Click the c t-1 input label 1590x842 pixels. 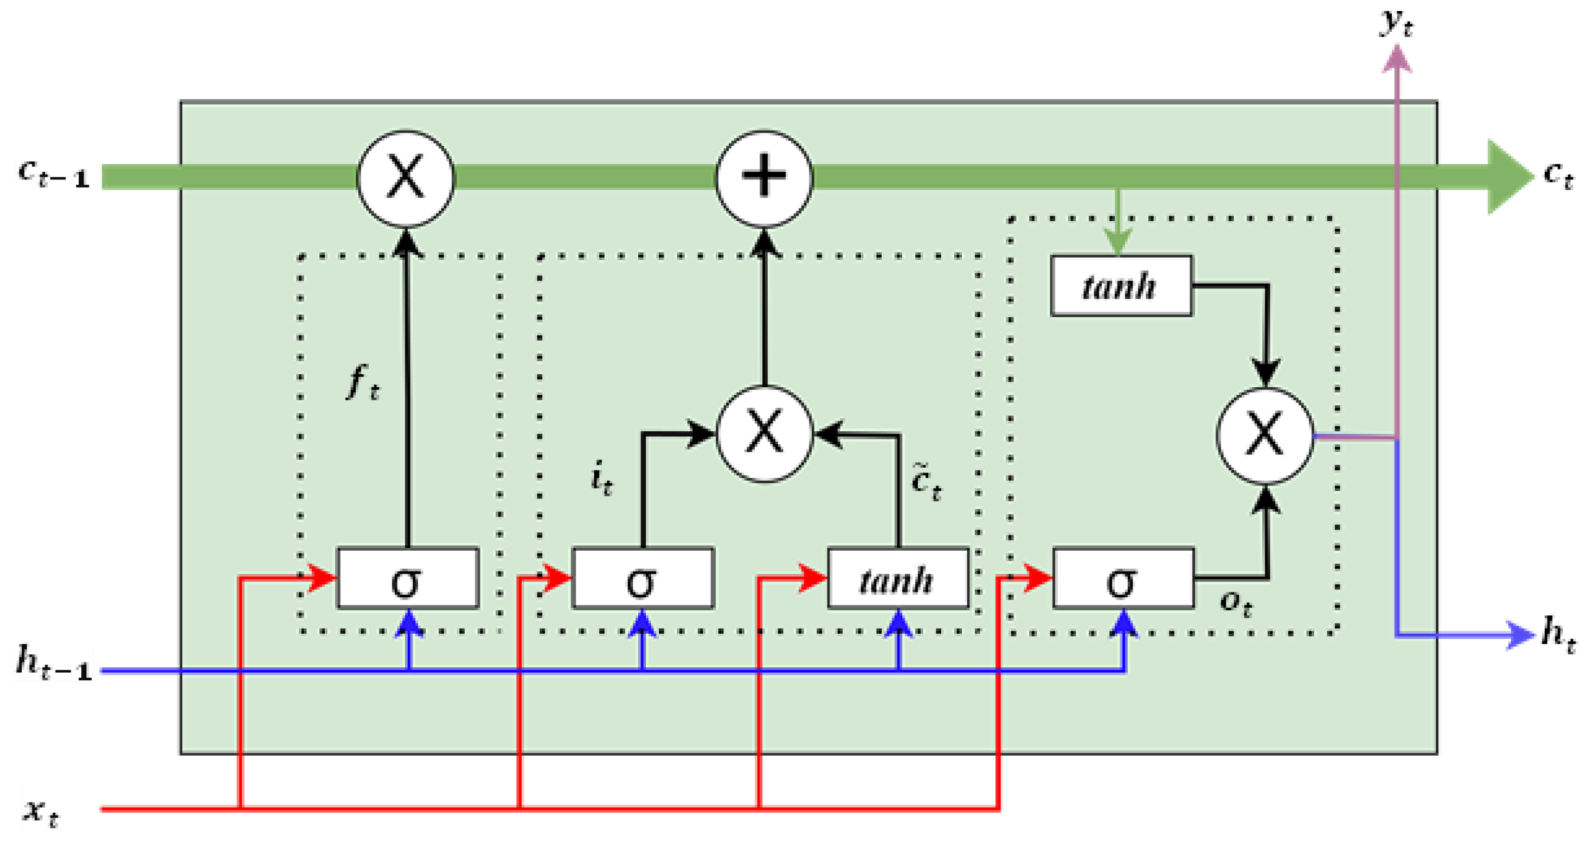tap(54, 174)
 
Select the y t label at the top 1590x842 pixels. tap(1396, 24)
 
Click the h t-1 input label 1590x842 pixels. tap(54, 662)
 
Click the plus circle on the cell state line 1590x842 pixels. tap(764, 178)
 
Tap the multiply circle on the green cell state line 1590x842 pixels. tap(405, 178)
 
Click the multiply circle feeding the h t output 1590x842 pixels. tap(1265, 436)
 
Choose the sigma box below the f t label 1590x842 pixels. tap(408, 578)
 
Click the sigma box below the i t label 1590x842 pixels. tap(643, 578)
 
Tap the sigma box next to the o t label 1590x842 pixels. tap(1124, 578)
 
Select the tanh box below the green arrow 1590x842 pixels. tap(1122, 286)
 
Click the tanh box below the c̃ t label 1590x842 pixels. tap(898, 578)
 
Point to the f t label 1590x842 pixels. tap(363, 382)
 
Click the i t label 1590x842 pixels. tap(601, 478)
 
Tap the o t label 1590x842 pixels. tap(1236, 603)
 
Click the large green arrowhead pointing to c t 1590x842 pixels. tap(1509, 177)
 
